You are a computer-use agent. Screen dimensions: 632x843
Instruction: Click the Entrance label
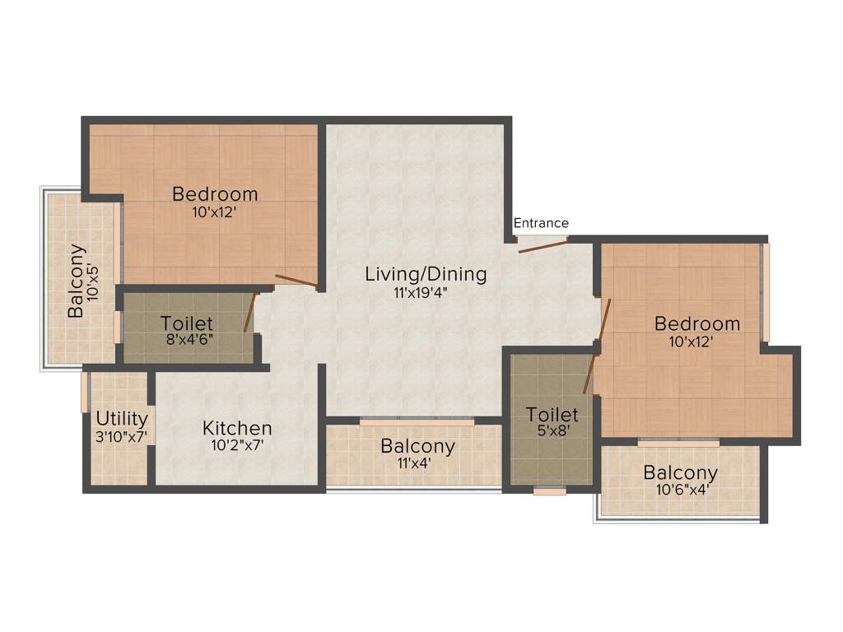pyautogui.click(x=541, y=223)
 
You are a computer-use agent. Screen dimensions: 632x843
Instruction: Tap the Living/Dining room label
pyautogui.click(x=426, y=274)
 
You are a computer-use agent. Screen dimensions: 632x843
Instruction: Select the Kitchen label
pyautogui.click(x=237, y=429)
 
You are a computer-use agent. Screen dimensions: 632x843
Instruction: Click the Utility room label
pyautogui.click(x=121, y=419)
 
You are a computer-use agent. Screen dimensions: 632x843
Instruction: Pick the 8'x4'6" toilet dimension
pyautogui.click(x=187, y=338)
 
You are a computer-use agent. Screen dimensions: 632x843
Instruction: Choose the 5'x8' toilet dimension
pyautogui.click(x=552, y=430)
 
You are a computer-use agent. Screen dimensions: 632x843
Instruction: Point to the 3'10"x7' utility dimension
pyautogui.click(x=121, y=436)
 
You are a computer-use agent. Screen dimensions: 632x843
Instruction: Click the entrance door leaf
pyautogui.click(x=543, y=245)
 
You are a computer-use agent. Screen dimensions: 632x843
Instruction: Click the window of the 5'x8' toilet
pyautogui.click(x=549, y=491)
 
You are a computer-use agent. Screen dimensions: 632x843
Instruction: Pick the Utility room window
pyautogui.click(x=85, y=392)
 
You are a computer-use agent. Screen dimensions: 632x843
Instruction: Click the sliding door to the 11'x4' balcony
pyautogui.click(x=417, y=421)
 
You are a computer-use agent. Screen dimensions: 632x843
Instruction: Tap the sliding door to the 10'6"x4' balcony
pyautogui.click(x=678, y=443)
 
